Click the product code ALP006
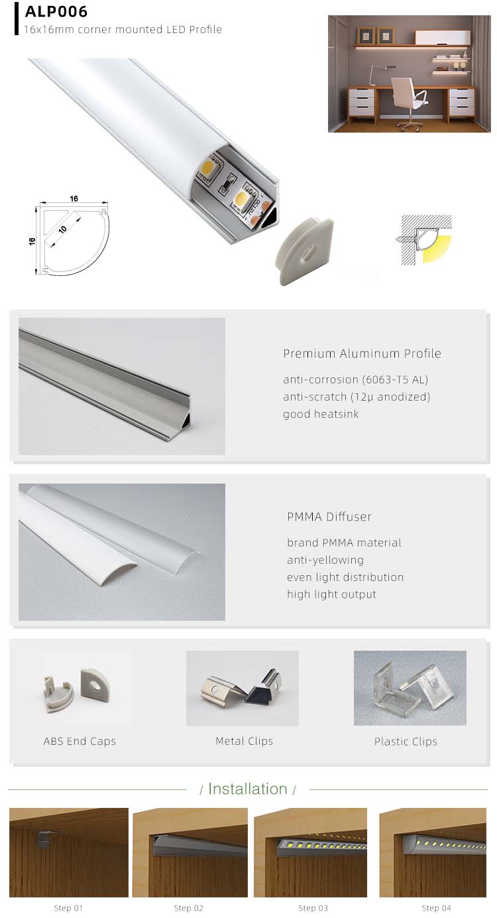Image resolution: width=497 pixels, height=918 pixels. pyautogui.click(x=56, y=12)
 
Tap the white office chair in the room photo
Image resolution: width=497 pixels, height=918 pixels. pyautogui.click(x=404, y=96)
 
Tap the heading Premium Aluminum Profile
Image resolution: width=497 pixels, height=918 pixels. pyautogui.click(x=362, y=354)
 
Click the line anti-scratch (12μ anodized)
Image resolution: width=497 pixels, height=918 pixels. pyautogui.click(x=357, y=397)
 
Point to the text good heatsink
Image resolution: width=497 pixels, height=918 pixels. pyautogui.click(x=321, y=414)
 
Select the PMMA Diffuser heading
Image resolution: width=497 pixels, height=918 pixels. pyautogui.click(x=329, y=517)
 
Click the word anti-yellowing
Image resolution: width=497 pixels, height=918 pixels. pyautogui.click(x=325, y=560)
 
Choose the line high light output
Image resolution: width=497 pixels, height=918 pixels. pyautogui.click(x=331, y=594)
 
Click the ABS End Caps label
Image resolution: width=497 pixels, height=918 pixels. pyautogui.click(x=80, y=742)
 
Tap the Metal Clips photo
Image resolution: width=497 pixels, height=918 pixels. pyautogui.click(x=243, y=688)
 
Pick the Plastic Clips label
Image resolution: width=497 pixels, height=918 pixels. pyautogui.click(x=406, y=742)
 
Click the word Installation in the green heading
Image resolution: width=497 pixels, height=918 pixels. pyautogui.click(x=247, y=789)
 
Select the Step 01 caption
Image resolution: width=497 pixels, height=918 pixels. pyautogui.click(x=68, y=908)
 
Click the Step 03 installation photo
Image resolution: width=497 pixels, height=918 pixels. pyautogui.click(x=310, y=852)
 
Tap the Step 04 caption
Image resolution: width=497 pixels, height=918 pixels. pyautogui.click(x=436, y=908)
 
